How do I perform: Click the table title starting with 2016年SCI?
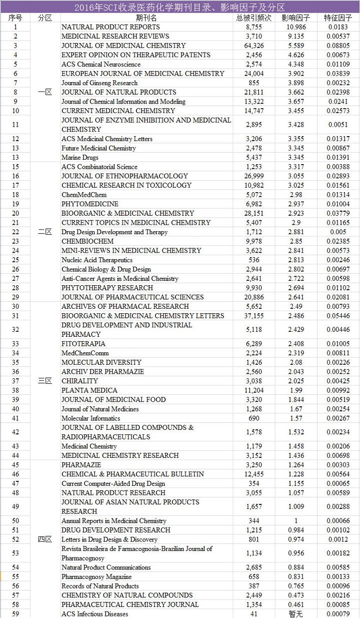point(179,7)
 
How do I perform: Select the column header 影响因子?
point(296,18)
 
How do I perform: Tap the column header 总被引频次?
point(253,18)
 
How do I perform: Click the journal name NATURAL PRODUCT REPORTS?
point(110,27)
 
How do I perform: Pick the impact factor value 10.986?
point(296,27)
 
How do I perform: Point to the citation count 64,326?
point(253,46)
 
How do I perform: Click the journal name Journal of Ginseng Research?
point(99,83)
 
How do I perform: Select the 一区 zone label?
point(45,92)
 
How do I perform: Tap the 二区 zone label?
point(45,232)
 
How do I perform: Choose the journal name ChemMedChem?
point(77,195)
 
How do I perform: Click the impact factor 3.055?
point(296,176)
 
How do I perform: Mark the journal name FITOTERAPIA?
point(83,344)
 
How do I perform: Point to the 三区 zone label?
point(45,381)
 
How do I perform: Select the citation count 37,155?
point(253,316)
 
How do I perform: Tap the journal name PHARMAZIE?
point(80,465)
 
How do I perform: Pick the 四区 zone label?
point(45,539)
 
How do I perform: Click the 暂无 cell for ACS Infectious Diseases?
point(296,614)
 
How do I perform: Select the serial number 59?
point(15,614)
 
